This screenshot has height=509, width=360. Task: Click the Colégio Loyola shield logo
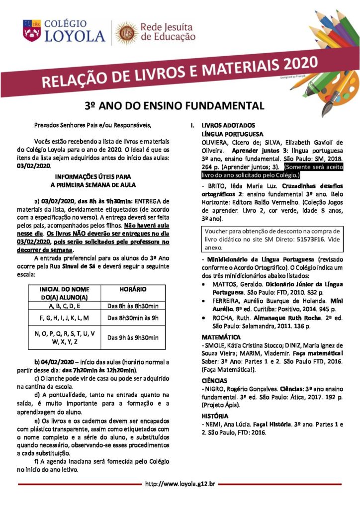pyautogui.click(x=31, y=30)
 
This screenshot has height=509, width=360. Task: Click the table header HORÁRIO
pyautogui.click(x=133, y=288)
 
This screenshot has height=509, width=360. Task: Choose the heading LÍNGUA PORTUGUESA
pyautogui.click(x=232, y=134)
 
